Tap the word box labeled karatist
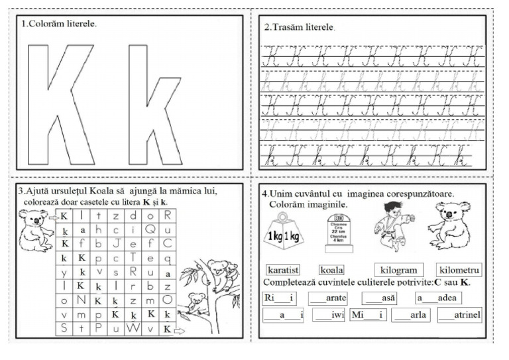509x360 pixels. click(x=283, y=270)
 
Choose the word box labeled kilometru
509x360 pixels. click(x=459, y=270)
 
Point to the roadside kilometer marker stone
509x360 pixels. click(x=338, y=232)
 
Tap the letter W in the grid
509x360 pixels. click(x=133, y=328)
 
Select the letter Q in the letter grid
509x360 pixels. click(x=150, y=229)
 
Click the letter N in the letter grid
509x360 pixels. click(x=82, y=300)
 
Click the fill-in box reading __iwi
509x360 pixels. click(x=328, y=315)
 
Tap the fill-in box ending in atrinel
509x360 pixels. click(x=459, y=315)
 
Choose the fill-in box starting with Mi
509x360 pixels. click(x=368, y=315)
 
